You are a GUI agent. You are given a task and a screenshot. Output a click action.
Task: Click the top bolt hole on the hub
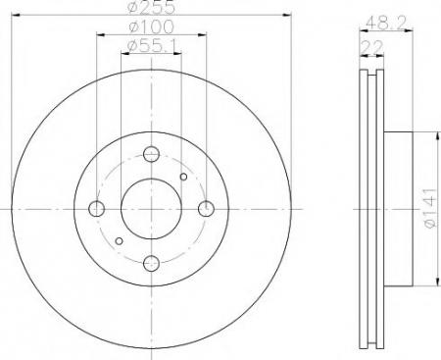click(x=151, y=154)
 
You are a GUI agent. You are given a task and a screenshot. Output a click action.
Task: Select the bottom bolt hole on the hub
click(x=151, y=263)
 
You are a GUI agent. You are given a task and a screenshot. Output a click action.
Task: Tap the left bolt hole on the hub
click(x=97, y=209)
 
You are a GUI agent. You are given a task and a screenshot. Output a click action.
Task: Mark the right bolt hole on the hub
click(x=206, y=209)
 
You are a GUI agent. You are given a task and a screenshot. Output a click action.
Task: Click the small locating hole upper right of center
click(x=183, y=177)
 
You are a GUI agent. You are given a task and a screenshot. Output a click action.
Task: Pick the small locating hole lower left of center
click(x=120, y=240)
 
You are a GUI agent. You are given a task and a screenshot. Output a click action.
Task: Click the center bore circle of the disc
click(x=151, y=209)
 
